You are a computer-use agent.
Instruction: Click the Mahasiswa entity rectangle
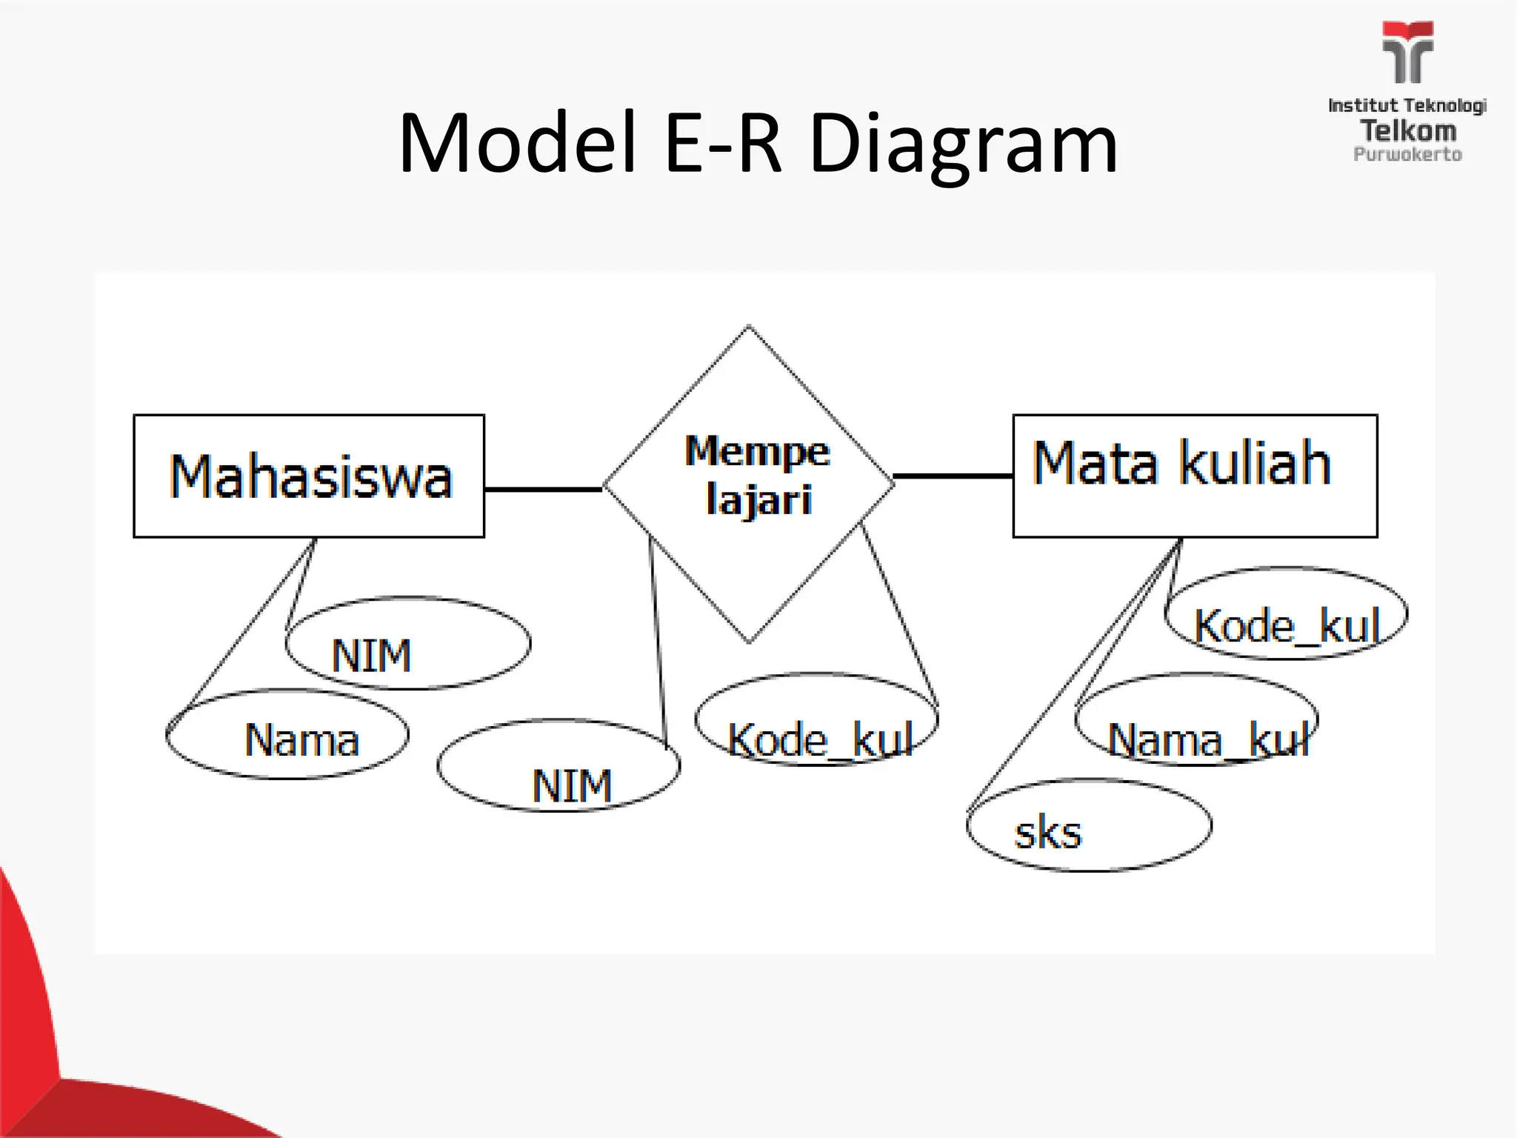click(x=309, y=476)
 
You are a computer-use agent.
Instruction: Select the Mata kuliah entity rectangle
click(x=1195, y=476)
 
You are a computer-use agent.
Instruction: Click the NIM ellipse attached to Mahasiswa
click(x=408, y=643)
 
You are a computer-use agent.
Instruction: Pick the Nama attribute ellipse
click(x=287, y=734)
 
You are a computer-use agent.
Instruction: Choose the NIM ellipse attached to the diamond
click(x=559, y=765)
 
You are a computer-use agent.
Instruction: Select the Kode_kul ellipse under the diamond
click(x=816, y=719)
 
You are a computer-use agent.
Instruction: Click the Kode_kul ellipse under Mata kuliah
click(x=1286, y=613)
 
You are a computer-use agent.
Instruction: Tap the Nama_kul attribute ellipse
click(x=1196, y=719)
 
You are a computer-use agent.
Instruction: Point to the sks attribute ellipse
click(x=1089, y=825)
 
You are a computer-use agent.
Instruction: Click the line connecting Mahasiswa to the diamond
click(x=543, y=489)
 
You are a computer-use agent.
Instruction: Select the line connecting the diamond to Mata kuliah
click(x=953, y=476)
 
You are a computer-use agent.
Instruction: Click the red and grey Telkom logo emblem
click(x=1407, y=52)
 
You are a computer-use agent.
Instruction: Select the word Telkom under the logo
click(x=1407, y=131)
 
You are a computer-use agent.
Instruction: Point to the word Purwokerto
click(x=1407, y=155)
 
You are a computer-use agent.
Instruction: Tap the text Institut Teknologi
click(x=1407, y=106)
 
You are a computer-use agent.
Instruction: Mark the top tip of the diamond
click(x=748, y=327)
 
